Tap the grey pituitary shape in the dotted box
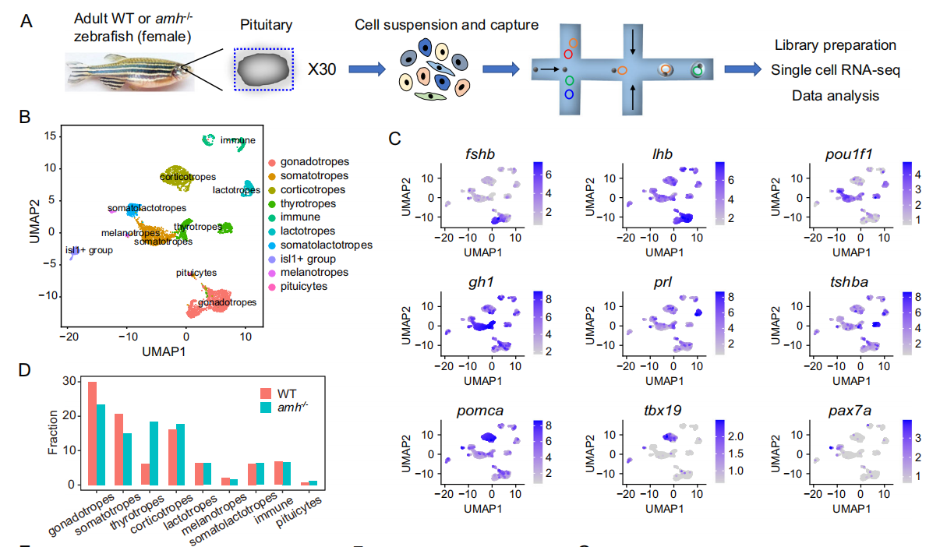click(264, 71)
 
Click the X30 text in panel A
click(322, 69)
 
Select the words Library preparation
click(835, 46)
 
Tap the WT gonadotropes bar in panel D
click(92, 433)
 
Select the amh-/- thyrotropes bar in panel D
click(154, 453)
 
